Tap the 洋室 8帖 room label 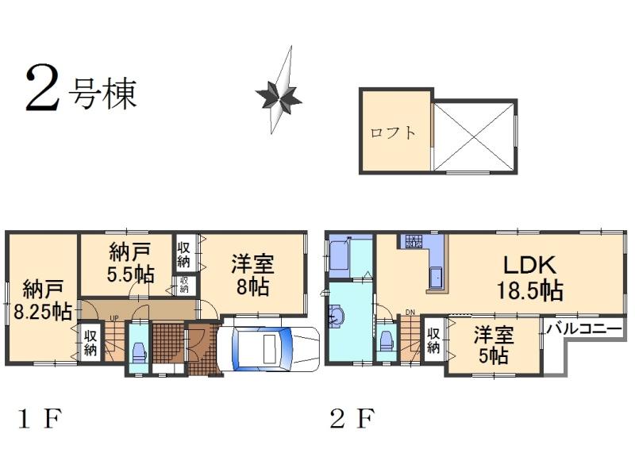click(x=252, y=274)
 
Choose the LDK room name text click(x=529, y=265)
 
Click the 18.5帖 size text click(x=529, y=290)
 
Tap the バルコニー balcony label click(x=582, y=327)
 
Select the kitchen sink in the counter click(x=437, y=278)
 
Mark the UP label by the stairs click(x=114, y=318)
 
